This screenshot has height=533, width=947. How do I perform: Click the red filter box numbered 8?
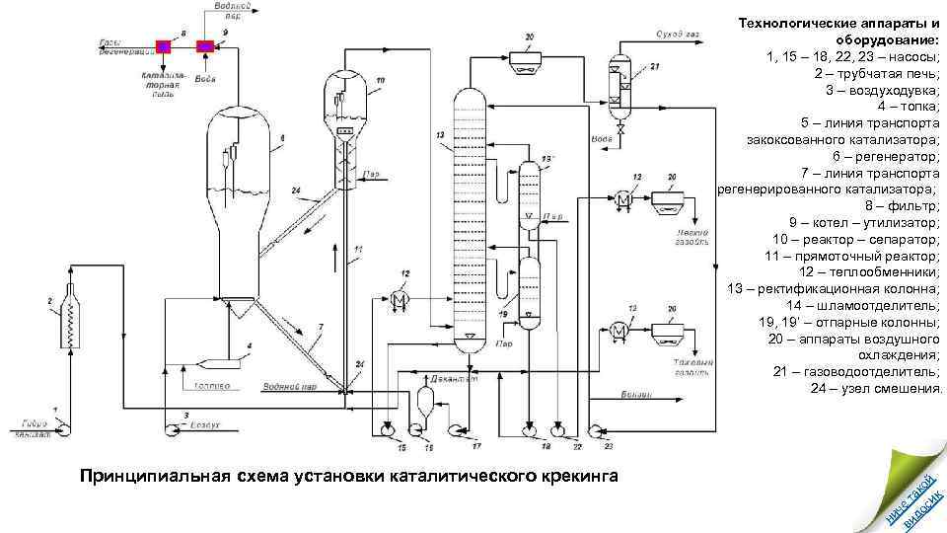click(x=164, y=45)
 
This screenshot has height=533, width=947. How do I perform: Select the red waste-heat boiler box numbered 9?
click(x=205, y=45)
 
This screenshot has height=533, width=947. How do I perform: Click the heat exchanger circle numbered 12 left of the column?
click(x=401, y=299)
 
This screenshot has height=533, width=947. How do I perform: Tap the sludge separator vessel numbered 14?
click(x=426, y=401)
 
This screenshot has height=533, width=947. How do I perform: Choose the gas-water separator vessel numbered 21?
click(x=620, y=84)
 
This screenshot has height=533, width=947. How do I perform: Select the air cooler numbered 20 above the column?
click(x=528, y=56)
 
